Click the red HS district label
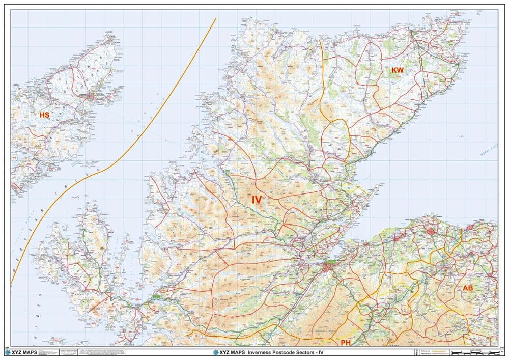[44, 116]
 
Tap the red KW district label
[398, 72]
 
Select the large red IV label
[257, 200]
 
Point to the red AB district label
[468, 288]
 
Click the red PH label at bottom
[346, 343]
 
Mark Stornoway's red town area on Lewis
[92, 96]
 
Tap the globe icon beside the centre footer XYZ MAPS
[217, 352]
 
